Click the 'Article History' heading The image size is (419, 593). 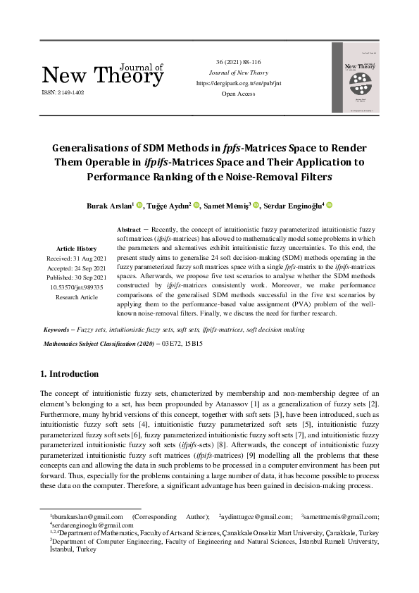(x=77, y=249)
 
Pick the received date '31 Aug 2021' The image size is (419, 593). (x=87, y=258)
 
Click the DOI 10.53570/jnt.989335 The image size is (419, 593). (x=77, y=287)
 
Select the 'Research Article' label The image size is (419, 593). (x=77, y=297)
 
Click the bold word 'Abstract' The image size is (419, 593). (x=128, y=230)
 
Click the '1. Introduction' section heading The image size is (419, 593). (x=70, y=374)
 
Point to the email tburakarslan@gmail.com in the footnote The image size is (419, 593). (x=73, y=516)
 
